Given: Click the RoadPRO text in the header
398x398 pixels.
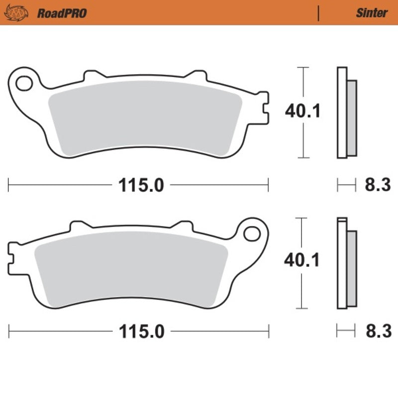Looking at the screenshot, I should click(x=62, y=13).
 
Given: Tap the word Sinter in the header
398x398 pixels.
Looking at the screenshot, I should click(x=371, y=13).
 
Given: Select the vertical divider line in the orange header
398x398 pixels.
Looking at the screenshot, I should click(x=318, y=13).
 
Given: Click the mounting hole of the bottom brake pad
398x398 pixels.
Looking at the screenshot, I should click(x=254, y=233).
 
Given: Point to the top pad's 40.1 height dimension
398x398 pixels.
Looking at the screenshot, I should click(x=302, y=111).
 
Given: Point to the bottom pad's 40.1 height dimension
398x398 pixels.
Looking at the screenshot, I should click(x=302, y=261).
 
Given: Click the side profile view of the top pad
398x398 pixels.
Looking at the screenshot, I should click(x=346, y=112).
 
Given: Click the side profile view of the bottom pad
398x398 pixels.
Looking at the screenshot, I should click(x=346, y=263).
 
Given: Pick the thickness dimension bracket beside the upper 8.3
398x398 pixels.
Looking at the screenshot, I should click(x=347, y=185).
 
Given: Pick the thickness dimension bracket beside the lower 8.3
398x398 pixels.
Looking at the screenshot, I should click(x=347, y=331).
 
